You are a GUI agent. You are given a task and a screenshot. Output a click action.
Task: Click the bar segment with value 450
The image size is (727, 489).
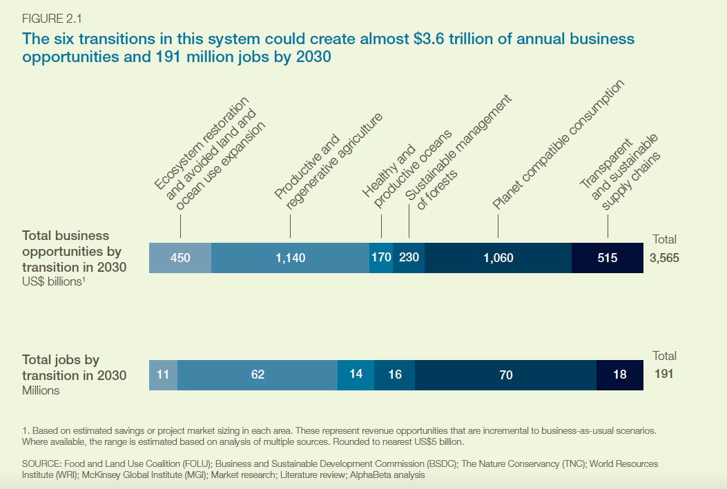pyautogui.click(x=180, y=257)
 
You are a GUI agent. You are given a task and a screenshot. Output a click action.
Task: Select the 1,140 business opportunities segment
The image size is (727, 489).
pyautogui.click(x=290, y=257)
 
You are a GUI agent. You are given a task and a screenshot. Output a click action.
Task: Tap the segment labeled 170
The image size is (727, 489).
pyautogui.click(x=381, y=257)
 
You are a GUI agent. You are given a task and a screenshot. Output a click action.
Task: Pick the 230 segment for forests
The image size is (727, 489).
pyautogui.click(x=409, y=257)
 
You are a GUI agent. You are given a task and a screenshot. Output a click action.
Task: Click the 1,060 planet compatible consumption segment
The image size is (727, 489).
pyautogui.click(x=498, y=257)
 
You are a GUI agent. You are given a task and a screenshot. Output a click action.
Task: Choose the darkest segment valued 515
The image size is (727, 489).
pyautogui.click(x=608, y=257)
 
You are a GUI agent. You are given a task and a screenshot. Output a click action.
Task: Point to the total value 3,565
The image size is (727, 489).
pyautogui.click(x=664, y=257)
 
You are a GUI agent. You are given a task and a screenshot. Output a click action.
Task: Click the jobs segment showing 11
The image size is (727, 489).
pyautogui.click(x=163, y=375)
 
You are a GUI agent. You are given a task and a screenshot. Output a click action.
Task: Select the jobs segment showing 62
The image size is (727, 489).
pyautogui.click(x=258, y=375)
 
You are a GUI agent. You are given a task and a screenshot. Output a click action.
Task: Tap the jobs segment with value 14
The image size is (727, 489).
pyautogui.click(x=356, y=375)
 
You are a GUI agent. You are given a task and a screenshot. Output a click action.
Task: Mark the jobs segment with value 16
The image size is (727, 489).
pyautogui.click(x=394, y=375)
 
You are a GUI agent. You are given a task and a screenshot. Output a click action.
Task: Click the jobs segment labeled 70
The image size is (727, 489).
pyautogui.click(x=505, y=375)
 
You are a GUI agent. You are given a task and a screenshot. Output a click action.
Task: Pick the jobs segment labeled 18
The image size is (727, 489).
pyautogui.click(x=619, y=375)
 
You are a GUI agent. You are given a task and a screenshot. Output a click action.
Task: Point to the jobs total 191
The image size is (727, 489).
pyautogui.click(x=663, y=375)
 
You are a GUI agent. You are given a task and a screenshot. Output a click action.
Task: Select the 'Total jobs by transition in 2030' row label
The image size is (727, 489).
pyautogui.click(x=74, y=368)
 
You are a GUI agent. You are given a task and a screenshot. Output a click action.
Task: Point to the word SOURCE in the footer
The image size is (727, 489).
pyautogui.click(x=41, y=463)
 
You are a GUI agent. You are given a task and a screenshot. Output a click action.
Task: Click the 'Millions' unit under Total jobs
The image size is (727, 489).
pyautogui.click(x=41, y=390)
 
